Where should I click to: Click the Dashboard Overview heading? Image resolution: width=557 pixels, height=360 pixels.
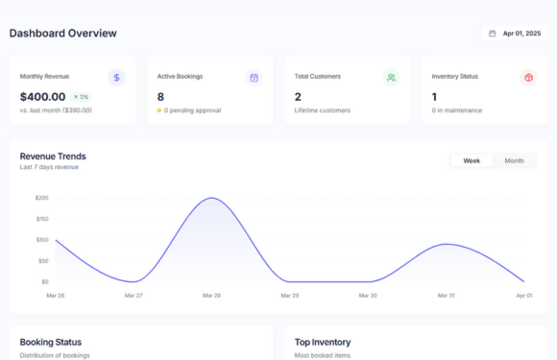click(x=63, y=33)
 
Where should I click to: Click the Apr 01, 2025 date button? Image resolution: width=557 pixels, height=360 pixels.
click(x=516, y=33)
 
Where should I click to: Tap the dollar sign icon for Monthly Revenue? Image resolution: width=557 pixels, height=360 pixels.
click(x=116, y=78)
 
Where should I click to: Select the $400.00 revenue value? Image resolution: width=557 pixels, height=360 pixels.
click(x=43, y=97)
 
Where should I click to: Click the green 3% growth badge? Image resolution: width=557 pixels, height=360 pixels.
click(x=81, y=97)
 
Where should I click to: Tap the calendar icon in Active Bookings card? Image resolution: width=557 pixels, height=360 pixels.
click(x=254, y=78)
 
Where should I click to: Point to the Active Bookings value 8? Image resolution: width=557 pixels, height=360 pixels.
click(x=160, y=97)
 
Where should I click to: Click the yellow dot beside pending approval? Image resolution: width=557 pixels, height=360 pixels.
click(x=159, y=110)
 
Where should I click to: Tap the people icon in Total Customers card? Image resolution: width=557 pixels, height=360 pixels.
click(x=391, y=78)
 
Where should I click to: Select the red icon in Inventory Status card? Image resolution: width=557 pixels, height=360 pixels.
click(x=528, y=78)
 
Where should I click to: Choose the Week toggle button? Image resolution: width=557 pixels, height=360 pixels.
click(x=472, y=160)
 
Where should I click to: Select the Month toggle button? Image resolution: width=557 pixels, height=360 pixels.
click(x=514, y=160)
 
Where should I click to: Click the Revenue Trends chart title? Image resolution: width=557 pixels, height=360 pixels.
click(x=53, y=156)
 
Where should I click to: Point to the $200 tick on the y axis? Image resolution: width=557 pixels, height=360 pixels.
click(x=41, y=198)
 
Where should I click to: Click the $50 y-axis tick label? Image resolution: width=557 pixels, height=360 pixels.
click(x=42, y=261)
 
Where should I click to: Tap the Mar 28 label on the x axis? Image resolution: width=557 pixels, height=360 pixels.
click(x=212, y=296)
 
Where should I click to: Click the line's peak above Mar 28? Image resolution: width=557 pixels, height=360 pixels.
click(x=212, y=198)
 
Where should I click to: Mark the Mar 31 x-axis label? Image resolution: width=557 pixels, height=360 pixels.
click(x=446, y=296)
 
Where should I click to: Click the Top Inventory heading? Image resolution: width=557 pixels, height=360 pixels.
click(x=323, y=342)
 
